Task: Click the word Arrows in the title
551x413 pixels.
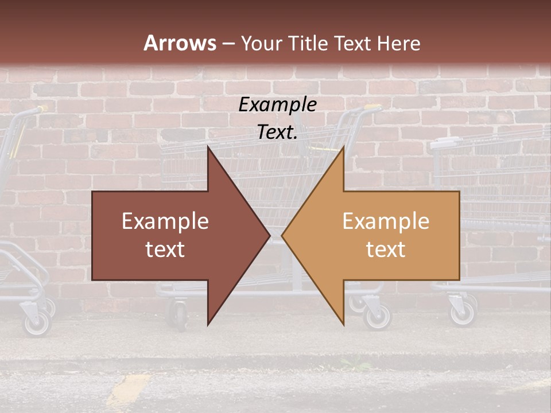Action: [180, 43]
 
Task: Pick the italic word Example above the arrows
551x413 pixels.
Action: [278, 105]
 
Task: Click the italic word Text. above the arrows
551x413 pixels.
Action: [278, 133]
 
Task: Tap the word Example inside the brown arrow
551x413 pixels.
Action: [165, 221]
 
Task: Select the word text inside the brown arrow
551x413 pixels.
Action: [165, 250]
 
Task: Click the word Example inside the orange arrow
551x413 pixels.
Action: [386, 221]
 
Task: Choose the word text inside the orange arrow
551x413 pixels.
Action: [386, 250]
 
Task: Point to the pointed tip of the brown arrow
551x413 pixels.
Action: [270, 235]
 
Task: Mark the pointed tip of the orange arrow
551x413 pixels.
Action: [282, 235]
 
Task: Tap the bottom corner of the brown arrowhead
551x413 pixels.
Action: [208, 325]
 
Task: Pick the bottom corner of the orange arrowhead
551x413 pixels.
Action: [343, 325]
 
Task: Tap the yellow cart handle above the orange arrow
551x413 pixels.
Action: [371, 108]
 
